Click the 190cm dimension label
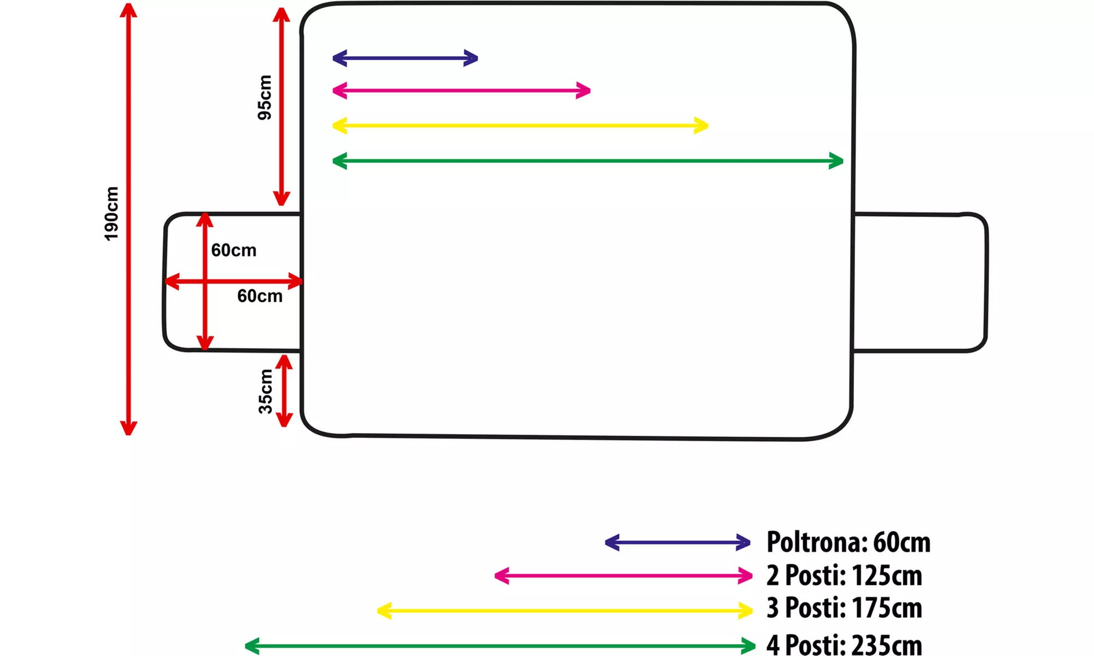[112, 213]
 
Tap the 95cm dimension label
[265, 97]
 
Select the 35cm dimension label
[266, 391]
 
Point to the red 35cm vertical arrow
[284, 391]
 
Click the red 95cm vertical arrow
[281, 107]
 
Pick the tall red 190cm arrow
[128, 219]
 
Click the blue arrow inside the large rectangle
[405, 58]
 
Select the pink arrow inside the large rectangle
[461, 90]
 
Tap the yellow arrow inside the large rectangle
[520, 126]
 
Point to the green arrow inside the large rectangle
[588, 161]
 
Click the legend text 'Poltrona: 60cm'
[848, 542]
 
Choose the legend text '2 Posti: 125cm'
[844, 576]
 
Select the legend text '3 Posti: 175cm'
[844, 608]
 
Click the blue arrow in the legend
[677, 543]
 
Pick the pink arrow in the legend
[623, 576]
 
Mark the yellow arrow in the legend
[565, 611]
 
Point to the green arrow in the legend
[500, 646]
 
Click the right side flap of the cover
[920, 282]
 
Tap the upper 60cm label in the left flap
[233, 250]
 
